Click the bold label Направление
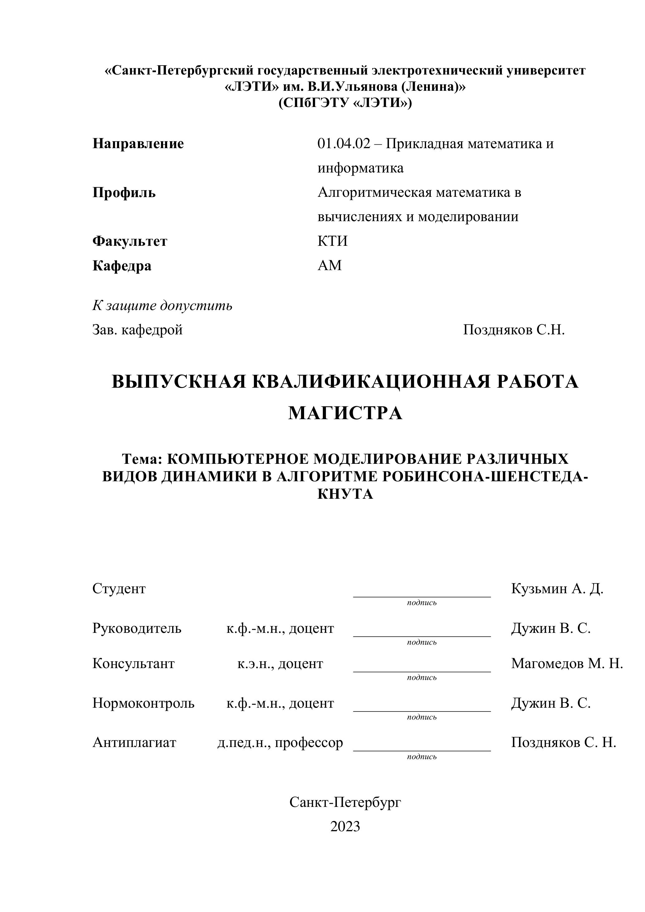click(x=138, y=143)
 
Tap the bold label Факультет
click(x=130, y=241)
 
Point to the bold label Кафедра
click(x=122, y=265)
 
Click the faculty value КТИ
click(x=332, y=241)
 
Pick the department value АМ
click(x=330, y=265)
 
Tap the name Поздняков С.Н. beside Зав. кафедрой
click(x=514, y=330)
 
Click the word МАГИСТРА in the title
click(x=345, y=413)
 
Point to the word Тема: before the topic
click(x=142, y=459)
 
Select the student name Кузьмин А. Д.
click(x=557, y=588)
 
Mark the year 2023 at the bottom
click(x=345, y=826)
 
